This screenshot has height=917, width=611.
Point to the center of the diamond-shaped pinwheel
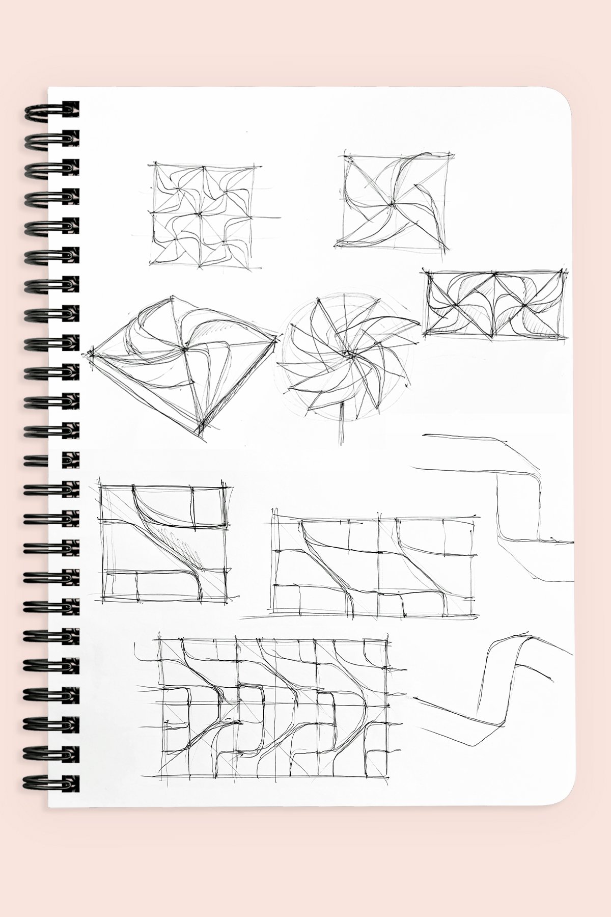(x=183, y=349)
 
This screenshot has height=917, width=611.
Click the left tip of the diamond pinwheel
(x=92, y=351)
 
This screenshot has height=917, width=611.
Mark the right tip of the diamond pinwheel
(x=278, y=336)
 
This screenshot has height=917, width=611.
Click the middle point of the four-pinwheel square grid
(x=202, y=214)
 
